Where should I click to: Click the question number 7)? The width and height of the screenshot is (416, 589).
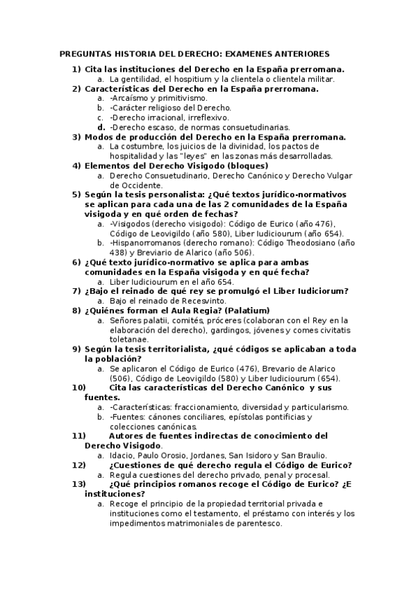click(76, 291)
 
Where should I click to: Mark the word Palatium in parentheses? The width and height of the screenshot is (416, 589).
click(248, 310)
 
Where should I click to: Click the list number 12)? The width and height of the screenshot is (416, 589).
click(79, 465)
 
